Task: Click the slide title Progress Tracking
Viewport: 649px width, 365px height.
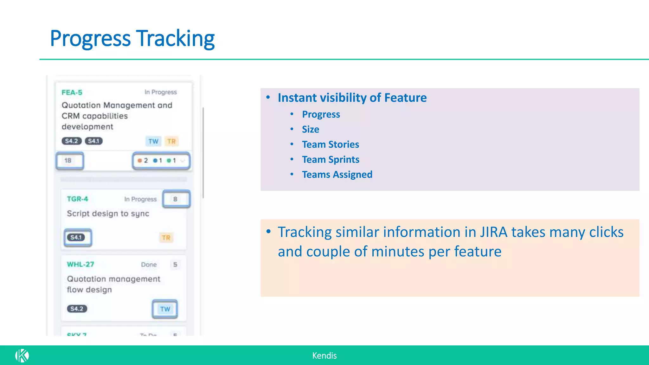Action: pos(132,38)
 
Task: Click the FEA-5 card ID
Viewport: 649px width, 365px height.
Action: pos(72,93)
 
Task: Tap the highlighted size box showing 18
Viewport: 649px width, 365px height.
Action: pos(70,161)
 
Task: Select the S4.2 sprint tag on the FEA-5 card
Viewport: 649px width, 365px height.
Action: pos(72,141)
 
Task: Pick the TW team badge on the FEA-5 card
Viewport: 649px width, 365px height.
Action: pos(153,141)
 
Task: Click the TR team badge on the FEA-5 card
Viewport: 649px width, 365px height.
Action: pos(171,141)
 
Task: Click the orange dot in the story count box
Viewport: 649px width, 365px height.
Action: pos(140,161)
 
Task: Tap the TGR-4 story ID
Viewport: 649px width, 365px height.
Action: pos(77,199)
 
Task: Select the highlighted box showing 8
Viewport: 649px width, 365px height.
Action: pos(176,199)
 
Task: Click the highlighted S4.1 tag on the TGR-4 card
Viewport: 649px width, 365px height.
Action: pos(76,237)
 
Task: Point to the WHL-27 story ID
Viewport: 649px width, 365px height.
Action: pos(80,264)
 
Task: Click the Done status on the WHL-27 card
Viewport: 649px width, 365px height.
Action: pos(149,265)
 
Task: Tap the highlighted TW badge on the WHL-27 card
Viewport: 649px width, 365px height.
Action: pos(165,309)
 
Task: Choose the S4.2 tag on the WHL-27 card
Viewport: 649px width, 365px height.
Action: pos(77,309)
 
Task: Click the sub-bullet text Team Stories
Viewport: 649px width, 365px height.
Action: pos(330,144)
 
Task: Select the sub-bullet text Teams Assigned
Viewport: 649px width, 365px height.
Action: pos(337,175)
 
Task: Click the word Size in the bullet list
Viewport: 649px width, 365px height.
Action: pos(310,129)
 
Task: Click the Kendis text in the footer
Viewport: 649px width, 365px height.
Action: pos(324,355)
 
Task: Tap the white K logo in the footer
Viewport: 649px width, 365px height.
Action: pos(22,355)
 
